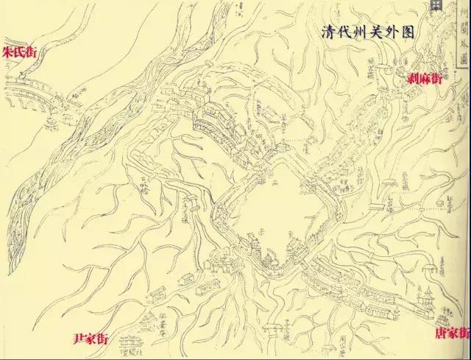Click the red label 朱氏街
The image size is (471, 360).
coord(21,53)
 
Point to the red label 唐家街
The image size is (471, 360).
coord(450,333)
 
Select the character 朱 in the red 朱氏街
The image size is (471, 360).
coord(9,53)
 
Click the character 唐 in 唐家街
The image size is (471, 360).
coord(439,333)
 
